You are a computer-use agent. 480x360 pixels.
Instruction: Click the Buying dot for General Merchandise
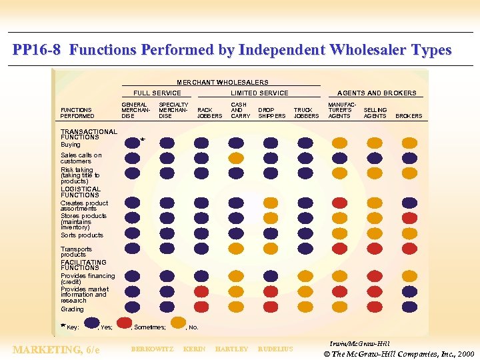pyautogui.click(x=132, y=143)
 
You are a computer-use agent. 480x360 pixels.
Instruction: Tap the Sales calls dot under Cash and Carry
pyautogui.click(x=236, y=158)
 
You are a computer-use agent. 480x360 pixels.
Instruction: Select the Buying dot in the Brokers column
pyautogui.click(x=409, y=143)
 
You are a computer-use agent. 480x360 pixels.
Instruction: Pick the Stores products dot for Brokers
pyautogui.click(x=409, y=218)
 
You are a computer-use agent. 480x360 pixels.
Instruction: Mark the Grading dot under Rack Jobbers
pyautogui.click(x=201, y=307)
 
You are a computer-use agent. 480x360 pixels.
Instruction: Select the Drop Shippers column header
pyautogui.click(x=271, y=113)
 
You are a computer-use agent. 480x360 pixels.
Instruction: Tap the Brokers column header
pyautogui.click(x=409, y=116)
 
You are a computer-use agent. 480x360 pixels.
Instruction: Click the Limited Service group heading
pyautogui.click(x=259, y=93)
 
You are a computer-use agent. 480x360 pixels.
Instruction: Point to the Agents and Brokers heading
pyautogui.click(x=377, y=93)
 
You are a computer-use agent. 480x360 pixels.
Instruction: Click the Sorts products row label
pyautogui.click(x=82, y=235)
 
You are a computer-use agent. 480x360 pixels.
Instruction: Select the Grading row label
pyautogui.click(x=73, y=309)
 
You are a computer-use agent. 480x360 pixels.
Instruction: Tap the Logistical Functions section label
pyautogui.click(x=80, y=192)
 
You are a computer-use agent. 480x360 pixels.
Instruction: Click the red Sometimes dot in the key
pyautogui.click(x=125, y=323)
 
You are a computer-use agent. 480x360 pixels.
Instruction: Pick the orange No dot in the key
pyautogui.click(x=178, y=323)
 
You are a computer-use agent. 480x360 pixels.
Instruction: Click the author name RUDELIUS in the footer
pyautogui.click(x=275, y=349)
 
